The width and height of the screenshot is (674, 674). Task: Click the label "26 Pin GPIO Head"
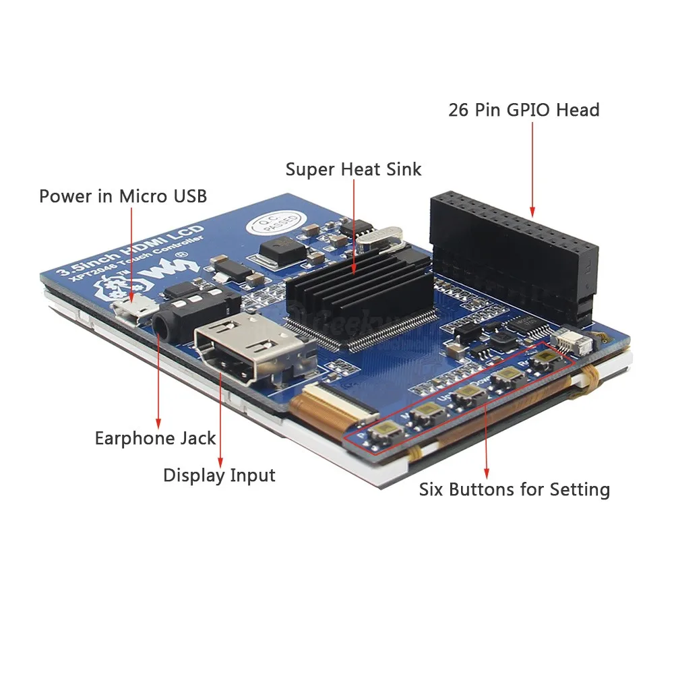524,110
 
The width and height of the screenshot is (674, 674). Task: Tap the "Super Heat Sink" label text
353,168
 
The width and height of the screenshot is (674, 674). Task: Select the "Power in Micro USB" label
123,196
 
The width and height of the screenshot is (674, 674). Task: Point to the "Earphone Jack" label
155,438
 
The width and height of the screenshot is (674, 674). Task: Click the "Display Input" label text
219,475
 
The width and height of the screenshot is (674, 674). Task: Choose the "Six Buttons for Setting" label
514,489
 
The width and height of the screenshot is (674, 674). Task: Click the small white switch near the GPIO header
571,342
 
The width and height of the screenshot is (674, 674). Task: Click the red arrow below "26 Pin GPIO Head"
532,168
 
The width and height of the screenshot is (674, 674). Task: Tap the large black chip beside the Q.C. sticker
279,251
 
